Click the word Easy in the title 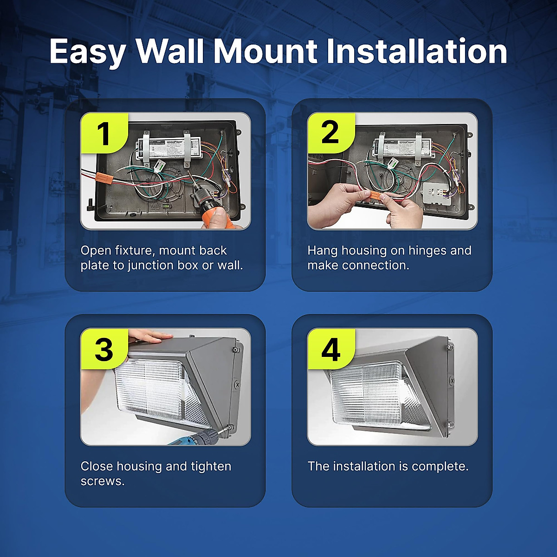click(x=87, y=51)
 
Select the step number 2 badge click(x=330, y=133)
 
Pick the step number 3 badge click(x=104, y=349)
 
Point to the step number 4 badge click(x=330, y=349)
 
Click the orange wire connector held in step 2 click(x=374, y=197)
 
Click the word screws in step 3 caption click(x=103, y=481)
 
